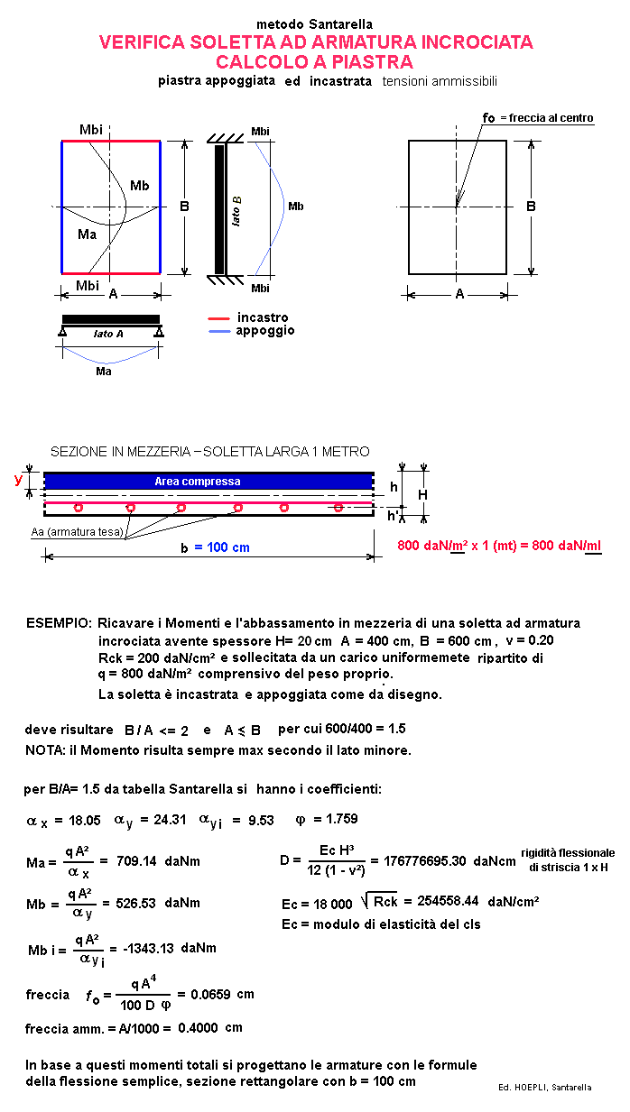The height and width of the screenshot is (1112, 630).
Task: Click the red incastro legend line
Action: pyautogui.click(x=219, y=318)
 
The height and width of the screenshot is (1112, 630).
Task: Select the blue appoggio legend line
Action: pyautogui.click(x=219, y=331)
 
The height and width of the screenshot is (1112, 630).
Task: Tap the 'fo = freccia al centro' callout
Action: pyautogui.click(x=538, y=118)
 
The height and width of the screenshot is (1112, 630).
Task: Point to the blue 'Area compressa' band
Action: pyautogui.click(x=208, y=482)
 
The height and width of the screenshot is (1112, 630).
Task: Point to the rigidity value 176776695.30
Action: pyautogui.click(x=423, y=861)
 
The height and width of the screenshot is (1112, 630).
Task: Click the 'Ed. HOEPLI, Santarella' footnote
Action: pyautogui.click(x=544, y=1087)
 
